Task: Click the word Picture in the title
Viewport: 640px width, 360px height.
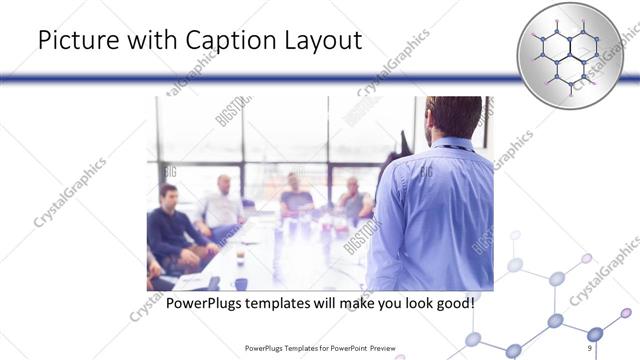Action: (x=72, y=43)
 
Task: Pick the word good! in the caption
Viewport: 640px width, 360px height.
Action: (x=448, y=302)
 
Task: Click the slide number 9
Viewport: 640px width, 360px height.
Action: (x=590, y=347)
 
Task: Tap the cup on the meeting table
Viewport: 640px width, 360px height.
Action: (x=240, y=256)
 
